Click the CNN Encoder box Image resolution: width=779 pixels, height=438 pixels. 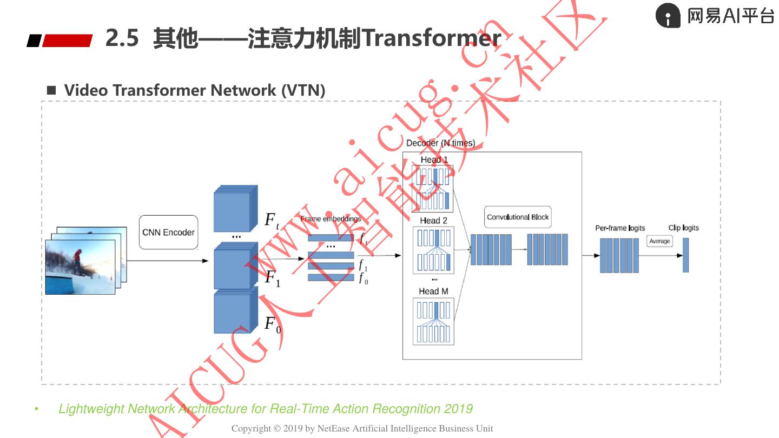click(168, 233)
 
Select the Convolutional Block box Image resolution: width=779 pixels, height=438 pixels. click(518, 217)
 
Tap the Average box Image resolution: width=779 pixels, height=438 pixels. click(659, 241)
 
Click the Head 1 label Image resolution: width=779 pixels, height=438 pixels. click(434, 160)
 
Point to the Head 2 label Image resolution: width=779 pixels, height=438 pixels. click(433, 221)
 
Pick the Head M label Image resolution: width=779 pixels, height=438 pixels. click(433, 291)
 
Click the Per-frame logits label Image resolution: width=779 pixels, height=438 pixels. click(620, 228)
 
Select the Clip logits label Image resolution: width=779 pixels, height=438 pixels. click(683, 228)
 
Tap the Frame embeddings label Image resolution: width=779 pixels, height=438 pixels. click(331, 219)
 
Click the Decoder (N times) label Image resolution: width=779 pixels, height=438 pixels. click(440, 143)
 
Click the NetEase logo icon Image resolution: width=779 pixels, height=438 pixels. click(668, 16)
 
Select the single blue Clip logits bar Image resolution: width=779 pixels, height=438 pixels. click(685, 255)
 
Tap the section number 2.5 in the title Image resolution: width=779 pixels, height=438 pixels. click(122, 38)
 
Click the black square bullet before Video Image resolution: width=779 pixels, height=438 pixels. click(51, 90)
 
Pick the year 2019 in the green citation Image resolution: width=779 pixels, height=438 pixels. click(458, 409)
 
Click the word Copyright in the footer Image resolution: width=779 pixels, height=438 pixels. click(251, 428)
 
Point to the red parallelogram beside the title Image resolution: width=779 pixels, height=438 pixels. click(67, 41)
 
